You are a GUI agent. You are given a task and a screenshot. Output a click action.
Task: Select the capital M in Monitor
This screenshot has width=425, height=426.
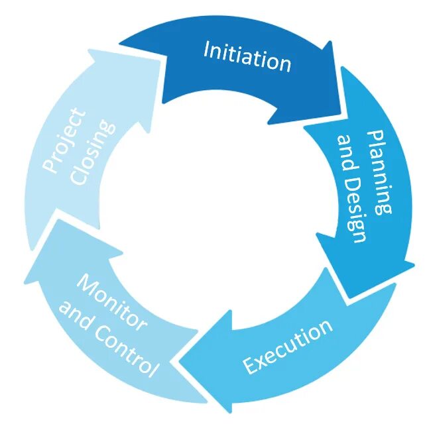point(85,282)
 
